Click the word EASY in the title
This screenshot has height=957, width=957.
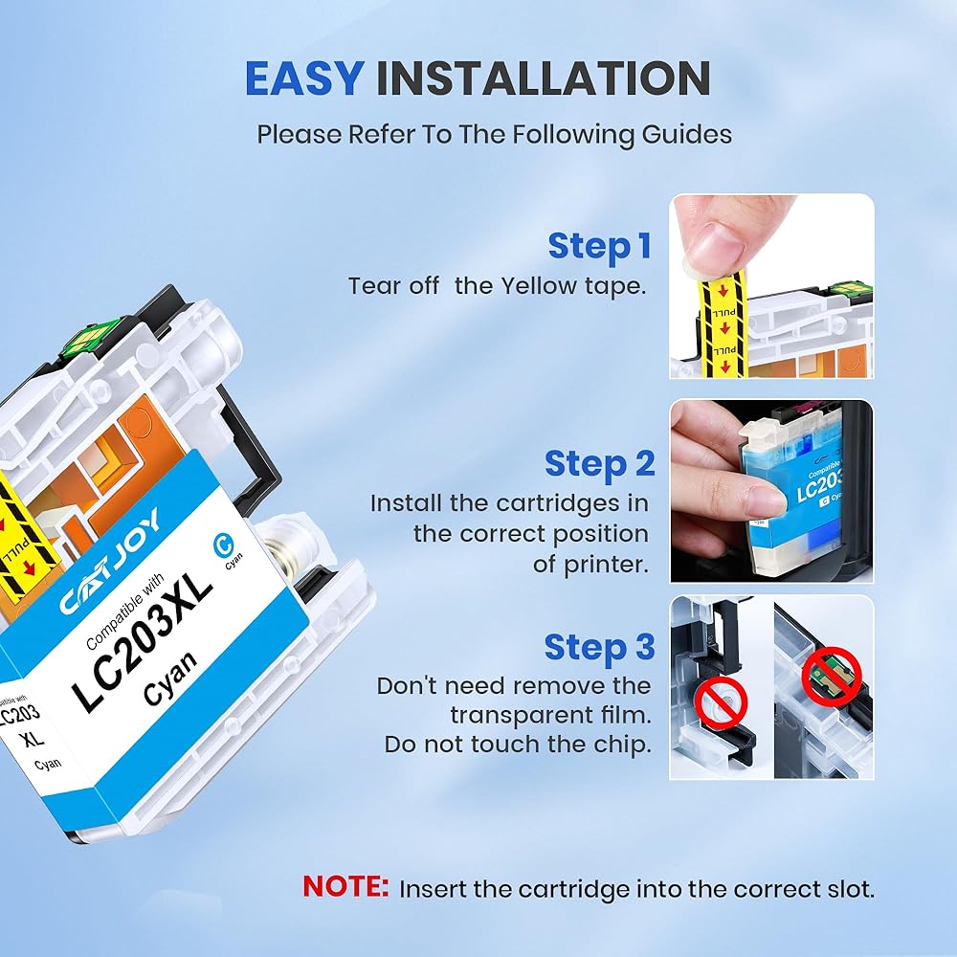click(304, 78)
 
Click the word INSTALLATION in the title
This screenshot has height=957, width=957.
click(543, 78)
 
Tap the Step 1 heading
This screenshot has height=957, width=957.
click(600, 246)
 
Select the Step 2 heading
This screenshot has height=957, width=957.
click(599, 463)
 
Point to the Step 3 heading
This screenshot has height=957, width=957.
click(599, 646)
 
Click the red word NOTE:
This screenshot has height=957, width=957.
click(345, 886)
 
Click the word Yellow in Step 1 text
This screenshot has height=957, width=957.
click(539, 285)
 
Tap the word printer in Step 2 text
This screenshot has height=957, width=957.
click(603, 565)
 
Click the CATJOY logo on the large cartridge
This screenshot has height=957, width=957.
click(110, 561)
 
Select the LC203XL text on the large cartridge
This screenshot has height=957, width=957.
click(142, 643)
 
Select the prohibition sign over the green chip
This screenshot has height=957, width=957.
click(831, 677)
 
